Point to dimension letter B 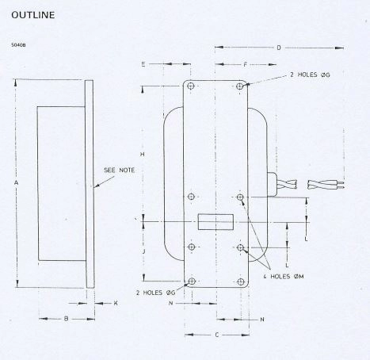point(66,319)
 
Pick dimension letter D point(279,48)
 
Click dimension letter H point(140,153)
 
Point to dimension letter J point(140,251)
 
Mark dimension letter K point(115,303)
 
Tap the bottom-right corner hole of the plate point(241,281)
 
